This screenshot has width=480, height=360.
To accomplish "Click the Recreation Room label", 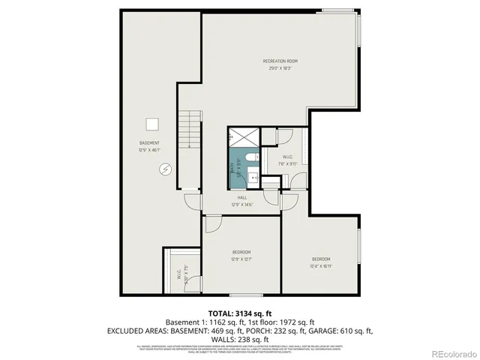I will point(280,61).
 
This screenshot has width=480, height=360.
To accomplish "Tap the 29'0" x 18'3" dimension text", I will point(280,68).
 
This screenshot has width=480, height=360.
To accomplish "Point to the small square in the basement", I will point(154,124).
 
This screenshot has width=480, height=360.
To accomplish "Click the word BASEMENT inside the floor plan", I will point(149,143).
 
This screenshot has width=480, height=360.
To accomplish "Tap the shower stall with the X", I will point(244,137).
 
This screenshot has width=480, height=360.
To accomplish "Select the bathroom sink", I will point(253,178).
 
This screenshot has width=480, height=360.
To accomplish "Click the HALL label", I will point(241,197).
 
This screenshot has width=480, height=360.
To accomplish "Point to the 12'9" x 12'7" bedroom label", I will point(241,255).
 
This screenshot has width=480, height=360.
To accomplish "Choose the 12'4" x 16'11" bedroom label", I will point(321,262).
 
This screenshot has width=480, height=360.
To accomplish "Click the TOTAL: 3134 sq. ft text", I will point(240,313).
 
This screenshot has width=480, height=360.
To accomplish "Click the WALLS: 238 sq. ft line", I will point(240,338).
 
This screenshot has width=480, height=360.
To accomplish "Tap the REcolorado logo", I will point(447,352).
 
